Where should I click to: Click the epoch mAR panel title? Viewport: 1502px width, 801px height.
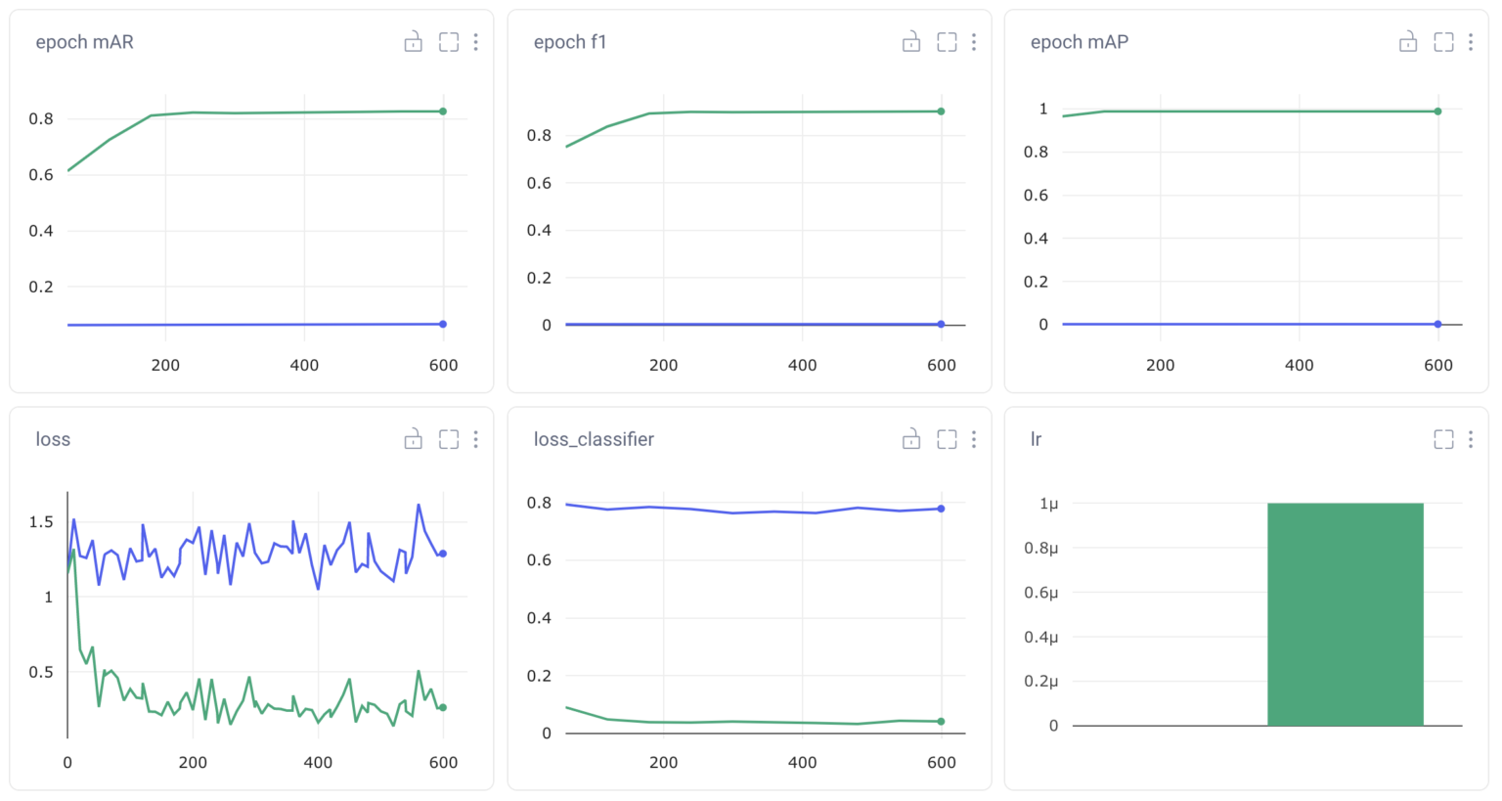click(84, 42)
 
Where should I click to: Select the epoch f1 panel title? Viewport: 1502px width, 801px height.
click(569, 42)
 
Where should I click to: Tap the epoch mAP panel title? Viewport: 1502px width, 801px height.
click(1079, 42)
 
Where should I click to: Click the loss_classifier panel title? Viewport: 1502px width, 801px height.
click(593, 439)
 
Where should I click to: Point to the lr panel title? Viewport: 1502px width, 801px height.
click(1036, 439)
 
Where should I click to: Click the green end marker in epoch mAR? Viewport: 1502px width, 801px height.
click(443, 111)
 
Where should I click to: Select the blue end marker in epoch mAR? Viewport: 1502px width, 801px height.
click(443, 324)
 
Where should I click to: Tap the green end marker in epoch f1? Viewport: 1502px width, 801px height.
click(941, 111)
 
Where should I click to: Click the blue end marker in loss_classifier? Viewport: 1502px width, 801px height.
click(941, 509)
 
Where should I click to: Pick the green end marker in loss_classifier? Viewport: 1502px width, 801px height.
click(941, 722)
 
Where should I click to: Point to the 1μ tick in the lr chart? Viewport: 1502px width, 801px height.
click(1048, 504)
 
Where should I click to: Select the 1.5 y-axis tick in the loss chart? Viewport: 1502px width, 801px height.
click(41, 522)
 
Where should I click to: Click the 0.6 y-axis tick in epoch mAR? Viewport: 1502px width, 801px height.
click(41, 175)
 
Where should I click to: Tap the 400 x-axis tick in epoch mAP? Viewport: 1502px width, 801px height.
click(1299, 365)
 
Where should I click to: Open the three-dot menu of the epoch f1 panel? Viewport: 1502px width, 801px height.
click(973, 42)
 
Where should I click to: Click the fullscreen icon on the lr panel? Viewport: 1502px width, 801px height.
click(1443, 439)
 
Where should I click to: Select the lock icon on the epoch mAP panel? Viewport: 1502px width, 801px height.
click(1408, 42)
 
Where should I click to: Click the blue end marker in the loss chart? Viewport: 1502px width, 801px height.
click(443, 554)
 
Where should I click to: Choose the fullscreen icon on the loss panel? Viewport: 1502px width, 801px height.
click(449, 439)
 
